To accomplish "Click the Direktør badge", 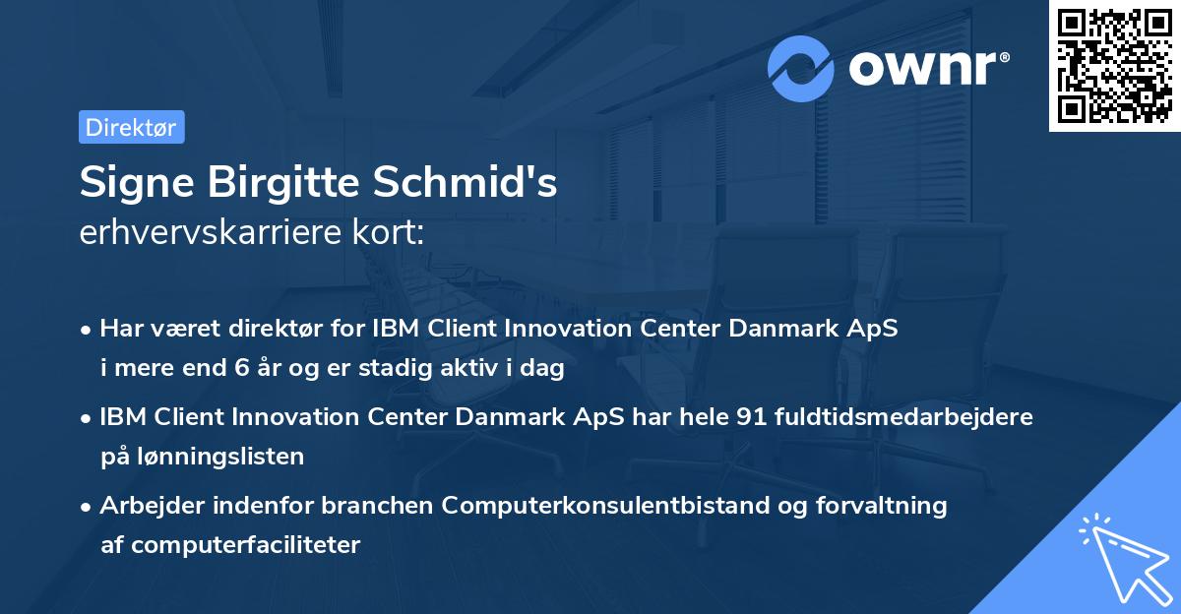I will [131, 127].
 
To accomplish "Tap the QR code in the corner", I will [1115, 66].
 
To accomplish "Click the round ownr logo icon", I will [802, 68].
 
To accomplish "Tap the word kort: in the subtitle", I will [393, 233].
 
